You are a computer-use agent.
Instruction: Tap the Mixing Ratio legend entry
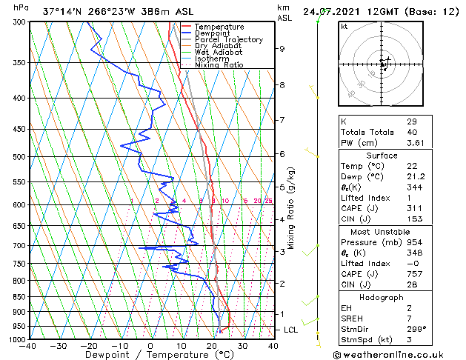coord(219,64)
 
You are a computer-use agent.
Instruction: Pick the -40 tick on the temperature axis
coord(29,345)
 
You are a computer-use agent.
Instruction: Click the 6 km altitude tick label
coord(282,154)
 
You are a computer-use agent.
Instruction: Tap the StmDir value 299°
coord(416,328)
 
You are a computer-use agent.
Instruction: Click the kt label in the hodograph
coord(344,26)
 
